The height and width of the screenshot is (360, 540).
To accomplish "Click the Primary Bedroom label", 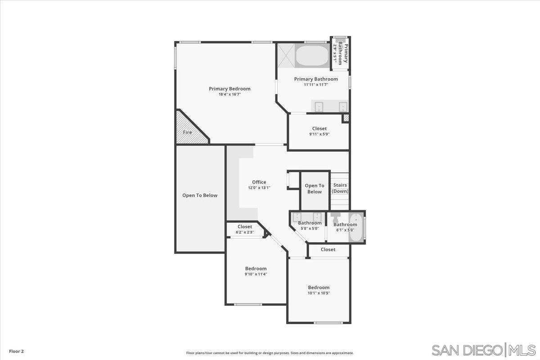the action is tap(229, 89).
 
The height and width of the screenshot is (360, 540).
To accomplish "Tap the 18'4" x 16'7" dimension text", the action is tap(229, 94).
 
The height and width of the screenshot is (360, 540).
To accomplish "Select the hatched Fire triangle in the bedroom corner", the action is tap(190, 128).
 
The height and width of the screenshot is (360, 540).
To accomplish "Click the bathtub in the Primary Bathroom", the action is tap(312, 56).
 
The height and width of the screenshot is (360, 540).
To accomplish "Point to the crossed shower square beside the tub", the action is tap(286, 56).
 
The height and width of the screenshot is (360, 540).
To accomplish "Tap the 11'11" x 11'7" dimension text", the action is tap(316, 85).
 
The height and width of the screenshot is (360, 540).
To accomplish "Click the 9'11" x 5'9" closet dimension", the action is tap(319, 134).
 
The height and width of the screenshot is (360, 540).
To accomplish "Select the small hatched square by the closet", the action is tap(346, 117).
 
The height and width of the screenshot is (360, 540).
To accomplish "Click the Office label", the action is tap(259, 182).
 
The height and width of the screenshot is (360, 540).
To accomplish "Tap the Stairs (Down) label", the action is tap(340, 188).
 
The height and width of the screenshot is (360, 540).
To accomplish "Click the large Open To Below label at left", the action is tap(200, 195).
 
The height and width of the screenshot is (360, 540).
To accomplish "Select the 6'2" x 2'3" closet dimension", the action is tap(245, 232).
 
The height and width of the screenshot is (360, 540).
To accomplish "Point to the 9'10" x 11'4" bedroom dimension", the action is tap(256, 274).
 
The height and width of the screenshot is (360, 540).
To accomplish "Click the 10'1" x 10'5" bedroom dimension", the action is tap(319, 293).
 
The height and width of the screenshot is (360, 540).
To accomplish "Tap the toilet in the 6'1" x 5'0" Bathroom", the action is tap(335, 217).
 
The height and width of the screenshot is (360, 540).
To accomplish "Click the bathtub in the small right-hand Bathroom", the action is tap(356, 227).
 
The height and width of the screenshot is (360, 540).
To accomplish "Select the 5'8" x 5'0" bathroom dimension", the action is tap(310, 228).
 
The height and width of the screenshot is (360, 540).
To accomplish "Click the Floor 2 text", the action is tap(16, 351).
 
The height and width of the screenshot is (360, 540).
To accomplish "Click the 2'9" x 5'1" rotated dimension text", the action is tap(335, 53).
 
